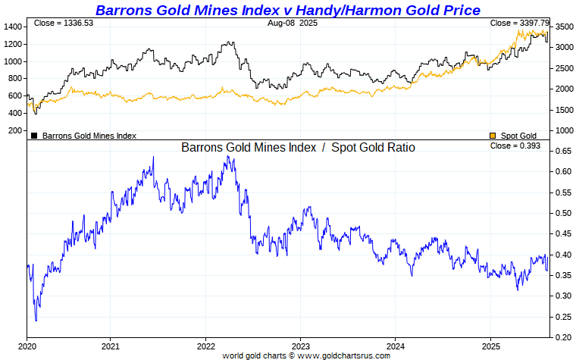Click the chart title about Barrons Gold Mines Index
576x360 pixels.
(x=287, y=10)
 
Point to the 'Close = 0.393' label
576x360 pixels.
(x=515, y=146)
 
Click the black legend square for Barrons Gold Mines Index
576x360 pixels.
(x=34, y=136)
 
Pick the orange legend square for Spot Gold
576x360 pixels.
(x=493, y=136)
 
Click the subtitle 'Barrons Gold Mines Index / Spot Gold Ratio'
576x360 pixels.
(x=298, y=148)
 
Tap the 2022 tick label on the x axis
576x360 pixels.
(x=205, y=345)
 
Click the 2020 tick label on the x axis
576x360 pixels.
(x=28, y=345)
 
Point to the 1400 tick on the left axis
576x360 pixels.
(x=13, y=27)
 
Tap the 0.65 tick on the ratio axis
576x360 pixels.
(x=562, y=151)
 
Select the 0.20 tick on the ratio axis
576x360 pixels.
(x=562, y=337)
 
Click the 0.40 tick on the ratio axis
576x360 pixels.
(x=562, y=255)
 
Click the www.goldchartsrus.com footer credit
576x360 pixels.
(x=305, y=355)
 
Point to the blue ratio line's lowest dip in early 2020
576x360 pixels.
(x=36, y=321)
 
